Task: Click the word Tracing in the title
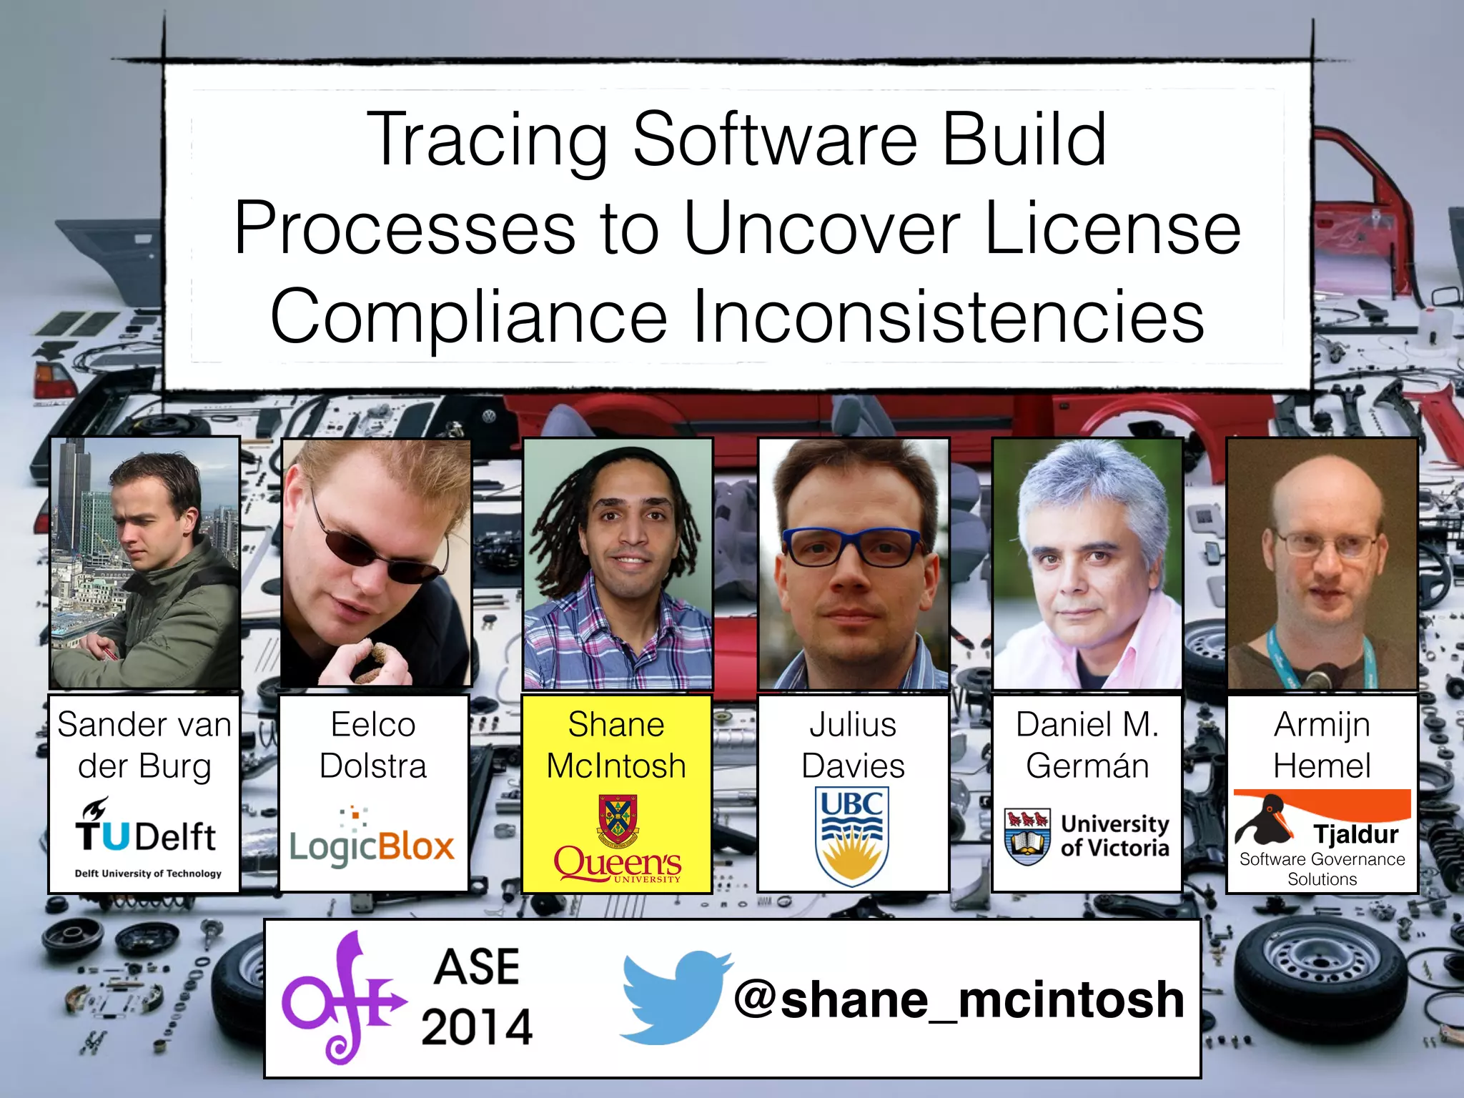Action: pos(486,141)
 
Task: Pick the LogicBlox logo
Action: pos(372,841)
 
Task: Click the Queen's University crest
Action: pos(618,820)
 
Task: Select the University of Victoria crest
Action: pos(1027,836)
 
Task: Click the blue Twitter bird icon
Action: pos(673,996)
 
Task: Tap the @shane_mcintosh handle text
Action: pos(959,999)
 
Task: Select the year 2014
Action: pos(477,1027)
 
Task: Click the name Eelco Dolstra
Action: pos(372,745)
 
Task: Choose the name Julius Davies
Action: pos(853,745)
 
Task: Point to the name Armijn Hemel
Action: pos(1322,745)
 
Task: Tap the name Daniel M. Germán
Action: pos(1087,745)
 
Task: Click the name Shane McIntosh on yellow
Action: pos(616,745)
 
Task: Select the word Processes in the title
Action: pos(404,229)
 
